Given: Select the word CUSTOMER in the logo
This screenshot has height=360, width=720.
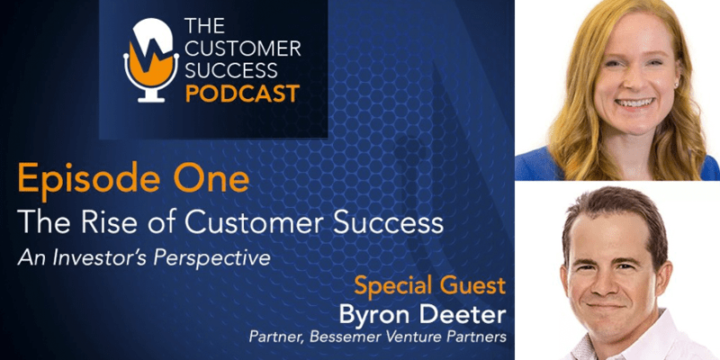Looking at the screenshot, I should pyautogui.click(x=245, y=48).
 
